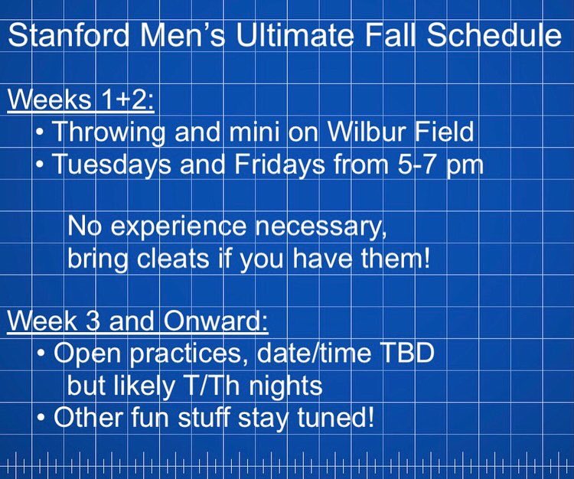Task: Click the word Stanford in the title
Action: tap(68, 37)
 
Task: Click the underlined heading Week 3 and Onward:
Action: tap(137, 321)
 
